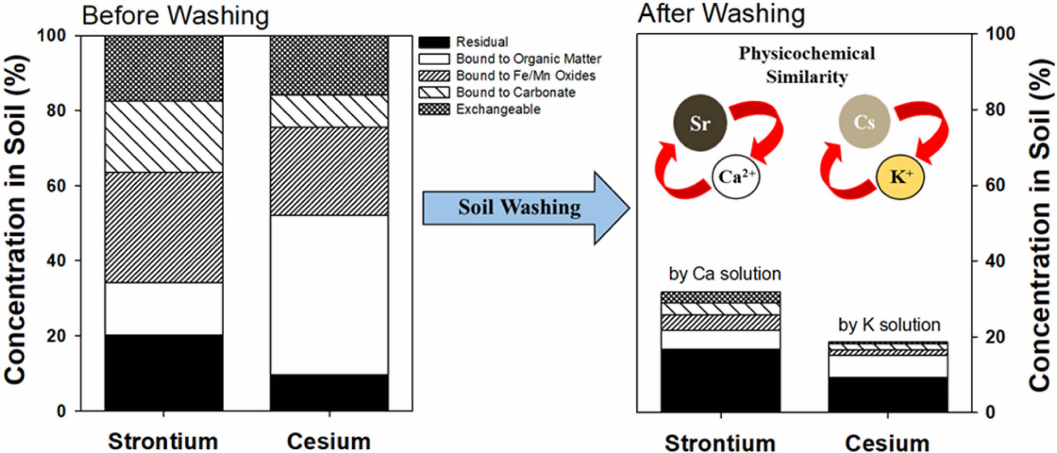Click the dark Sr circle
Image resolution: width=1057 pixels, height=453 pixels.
[700, 123]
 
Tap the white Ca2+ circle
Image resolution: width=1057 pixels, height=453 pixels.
[735, 177]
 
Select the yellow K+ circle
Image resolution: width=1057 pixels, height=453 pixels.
[900, 177]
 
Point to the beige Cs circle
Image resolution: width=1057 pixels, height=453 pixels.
[864, 122]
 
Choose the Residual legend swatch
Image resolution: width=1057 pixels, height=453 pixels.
[434, 42]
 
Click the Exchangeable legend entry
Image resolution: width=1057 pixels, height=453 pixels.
[498, 109]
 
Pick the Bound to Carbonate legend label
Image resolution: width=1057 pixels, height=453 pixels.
[515, 93]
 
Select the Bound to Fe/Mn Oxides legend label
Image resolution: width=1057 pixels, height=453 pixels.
[525, 75]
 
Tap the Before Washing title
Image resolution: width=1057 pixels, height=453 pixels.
[175, 15]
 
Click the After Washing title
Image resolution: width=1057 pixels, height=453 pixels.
[721, 13]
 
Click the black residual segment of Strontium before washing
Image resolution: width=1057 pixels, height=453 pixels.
[164, 372]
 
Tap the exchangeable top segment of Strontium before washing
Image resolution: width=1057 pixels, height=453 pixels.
[164, 68]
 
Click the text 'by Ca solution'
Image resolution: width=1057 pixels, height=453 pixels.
[725, 274]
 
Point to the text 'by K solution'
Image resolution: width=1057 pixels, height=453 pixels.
[889, 325]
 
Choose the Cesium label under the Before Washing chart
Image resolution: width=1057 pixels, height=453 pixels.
[329, 441]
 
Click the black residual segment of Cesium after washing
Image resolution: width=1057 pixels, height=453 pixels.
[888, 394]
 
